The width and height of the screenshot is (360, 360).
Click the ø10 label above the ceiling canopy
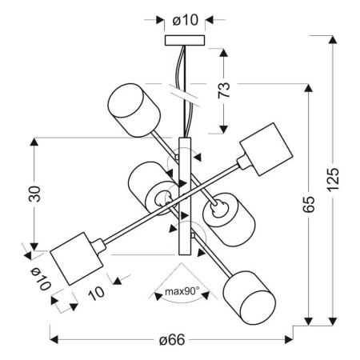(185, 19)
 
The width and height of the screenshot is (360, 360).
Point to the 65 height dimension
(310, 204)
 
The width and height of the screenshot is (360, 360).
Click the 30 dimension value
(34, 194)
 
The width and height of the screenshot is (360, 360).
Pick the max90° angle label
(182, 291)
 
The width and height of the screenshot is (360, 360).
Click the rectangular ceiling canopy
(185, 40)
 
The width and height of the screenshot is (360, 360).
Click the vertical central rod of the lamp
(186, 196)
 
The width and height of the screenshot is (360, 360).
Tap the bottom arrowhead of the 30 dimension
(34, 246)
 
